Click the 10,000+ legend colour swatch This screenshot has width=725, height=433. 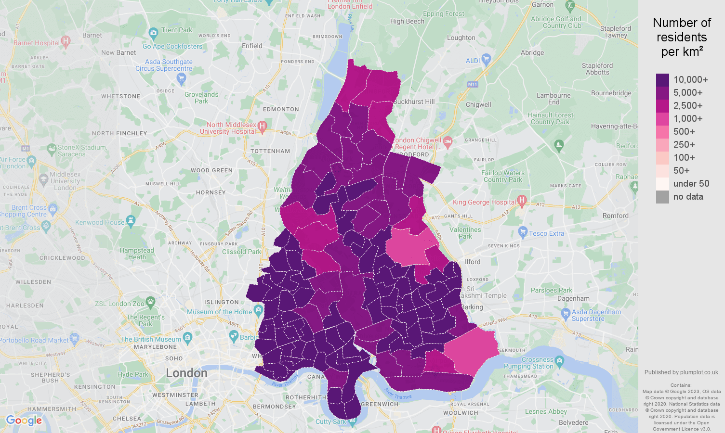662,80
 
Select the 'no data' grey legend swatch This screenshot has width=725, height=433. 662,197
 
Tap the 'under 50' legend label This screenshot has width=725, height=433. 691,184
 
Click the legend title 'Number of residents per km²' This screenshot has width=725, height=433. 682,37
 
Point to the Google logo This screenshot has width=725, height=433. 24,420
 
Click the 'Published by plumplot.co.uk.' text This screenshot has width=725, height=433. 682,372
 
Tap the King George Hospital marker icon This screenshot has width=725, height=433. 521,200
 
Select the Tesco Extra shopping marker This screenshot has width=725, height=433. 523,232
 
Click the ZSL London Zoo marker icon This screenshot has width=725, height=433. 150,302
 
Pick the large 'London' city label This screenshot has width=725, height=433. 186,373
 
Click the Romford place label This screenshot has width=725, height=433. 615,216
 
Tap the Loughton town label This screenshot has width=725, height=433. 461,38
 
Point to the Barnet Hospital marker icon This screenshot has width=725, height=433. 66,41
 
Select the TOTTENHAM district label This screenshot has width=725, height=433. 270,151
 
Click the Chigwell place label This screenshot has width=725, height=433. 478,104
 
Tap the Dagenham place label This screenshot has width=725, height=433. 573,298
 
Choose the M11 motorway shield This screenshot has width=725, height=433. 472,84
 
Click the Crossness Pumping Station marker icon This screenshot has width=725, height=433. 559,360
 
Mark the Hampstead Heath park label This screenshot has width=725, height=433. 137,254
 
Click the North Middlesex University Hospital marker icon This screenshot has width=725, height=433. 262,127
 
